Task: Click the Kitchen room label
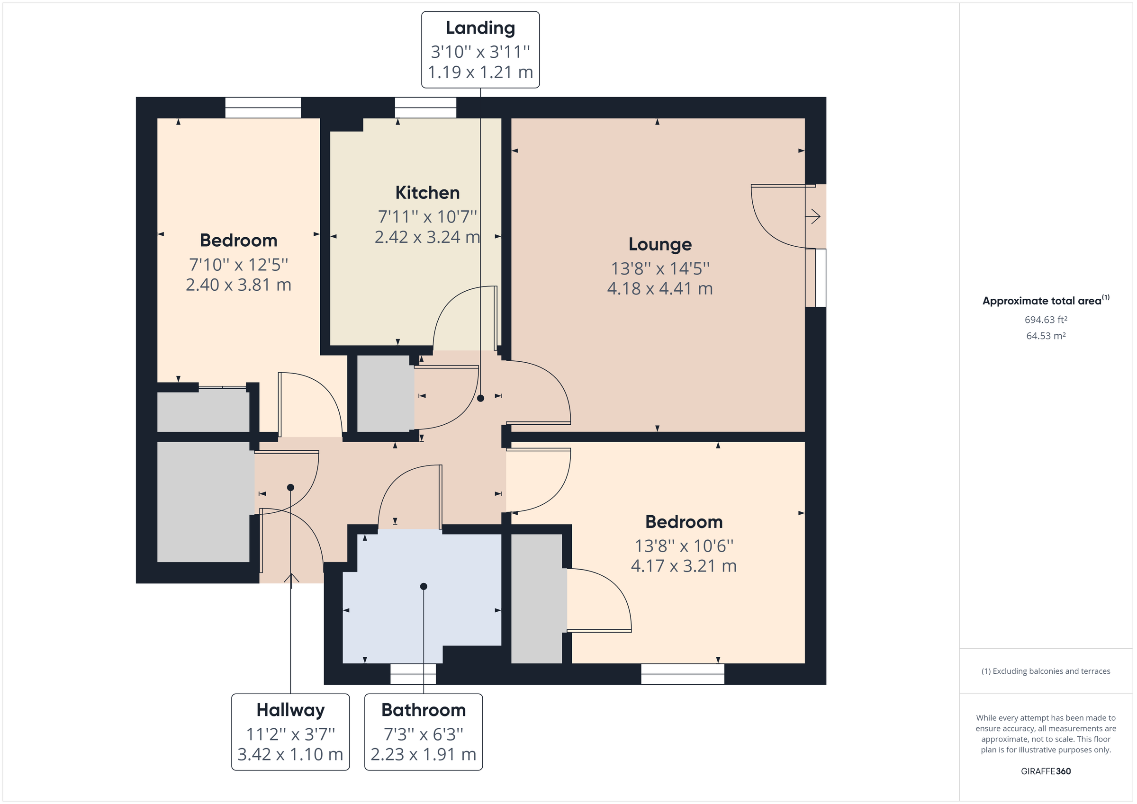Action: point(427,193)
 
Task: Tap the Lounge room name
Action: point(659,244)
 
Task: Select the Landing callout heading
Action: point(480,28)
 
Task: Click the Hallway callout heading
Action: point(290,710)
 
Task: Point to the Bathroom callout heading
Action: point(424,710)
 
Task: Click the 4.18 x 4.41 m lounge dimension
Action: point(659,289)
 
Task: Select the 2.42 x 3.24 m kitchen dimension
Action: point(427,237)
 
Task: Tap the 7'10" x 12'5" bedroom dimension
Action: point(238,265)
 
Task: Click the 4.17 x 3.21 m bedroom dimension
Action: point(684,566)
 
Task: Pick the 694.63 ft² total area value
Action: point(1046,320)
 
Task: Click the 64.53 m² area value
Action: point(1046,336)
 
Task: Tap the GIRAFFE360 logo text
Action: point(1046,771)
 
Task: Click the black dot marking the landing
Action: point(480,398)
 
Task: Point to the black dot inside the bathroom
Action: point(424,586)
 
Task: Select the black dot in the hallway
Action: point(291,488)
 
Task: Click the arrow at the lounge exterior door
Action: point(813,216)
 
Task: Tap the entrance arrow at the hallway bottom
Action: point(291,579)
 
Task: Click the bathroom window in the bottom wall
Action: point(413,674)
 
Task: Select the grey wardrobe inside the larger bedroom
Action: point(536,598)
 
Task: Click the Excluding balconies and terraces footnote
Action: point(1046,671)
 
